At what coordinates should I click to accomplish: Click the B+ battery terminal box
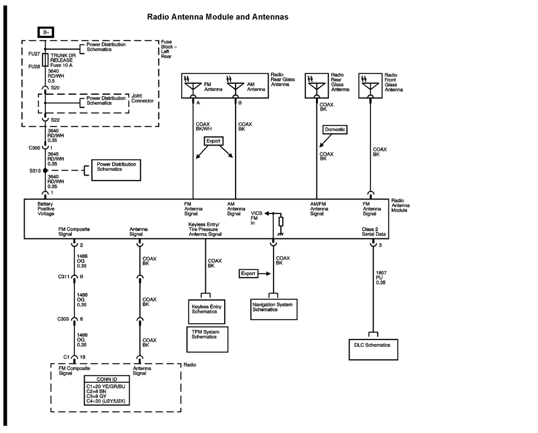point(46,32)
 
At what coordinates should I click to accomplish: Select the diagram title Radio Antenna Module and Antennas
point(217,17)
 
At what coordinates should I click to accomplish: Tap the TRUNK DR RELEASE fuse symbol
point(45,60)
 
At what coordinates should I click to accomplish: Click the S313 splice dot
point(45,170)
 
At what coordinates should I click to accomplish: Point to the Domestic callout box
point(335,129)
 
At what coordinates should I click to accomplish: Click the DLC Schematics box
point(373,349)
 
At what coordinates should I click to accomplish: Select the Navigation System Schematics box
point(274,309)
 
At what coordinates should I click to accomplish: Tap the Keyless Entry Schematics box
point(206,311)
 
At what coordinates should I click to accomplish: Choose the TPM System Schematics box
point(207,339)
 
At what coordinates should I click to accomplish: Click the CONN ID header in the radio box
point(107,379)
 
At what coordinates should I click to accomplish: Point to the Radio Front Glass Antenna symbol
point(370,85)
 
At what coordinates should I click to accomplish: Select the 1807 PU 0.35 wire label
point(381,278)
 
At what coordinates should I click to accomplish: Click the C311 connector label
point(63,277)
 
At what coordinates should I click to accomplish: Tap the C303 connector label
point(63,319)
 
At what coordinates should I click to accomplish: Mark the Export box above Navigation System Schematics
point(248,274)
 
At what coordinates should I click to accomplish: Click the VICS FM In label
point(256,218)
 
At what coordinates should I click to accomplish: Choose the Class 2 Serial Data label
point(374,232)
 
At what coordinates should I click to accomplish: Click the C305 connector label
point(34,148)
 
